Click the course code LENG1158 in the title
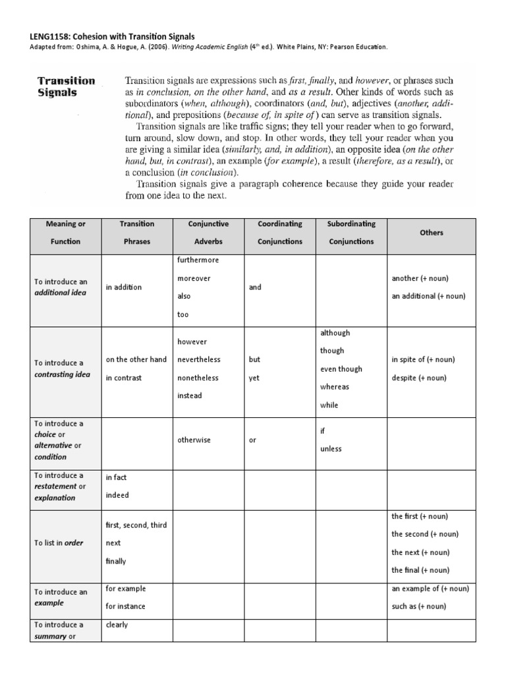(x=51, y=36)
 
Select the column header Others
(x=431, y=233)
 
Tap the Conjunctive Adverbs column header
(x=208, y=233)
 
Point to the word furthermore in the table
(x=198, y=260)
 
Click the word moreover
(x=194, y=279)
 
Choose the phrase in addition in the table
(x=123, y=287)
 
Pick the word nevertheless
(x=199, y=360)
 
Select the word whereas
(x=334, y=388)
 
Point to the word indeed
(x=117, y=495)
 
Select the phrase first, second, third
(x=136, y=525)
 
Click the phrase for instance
(x=125, y=606)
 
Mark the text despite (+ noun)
(x=419, y=378)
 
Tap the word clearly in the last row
(x=117, y=625)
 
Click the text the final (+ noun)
(x=420, y=570)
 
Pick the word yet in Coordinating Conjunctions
(x=254, y=378)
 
